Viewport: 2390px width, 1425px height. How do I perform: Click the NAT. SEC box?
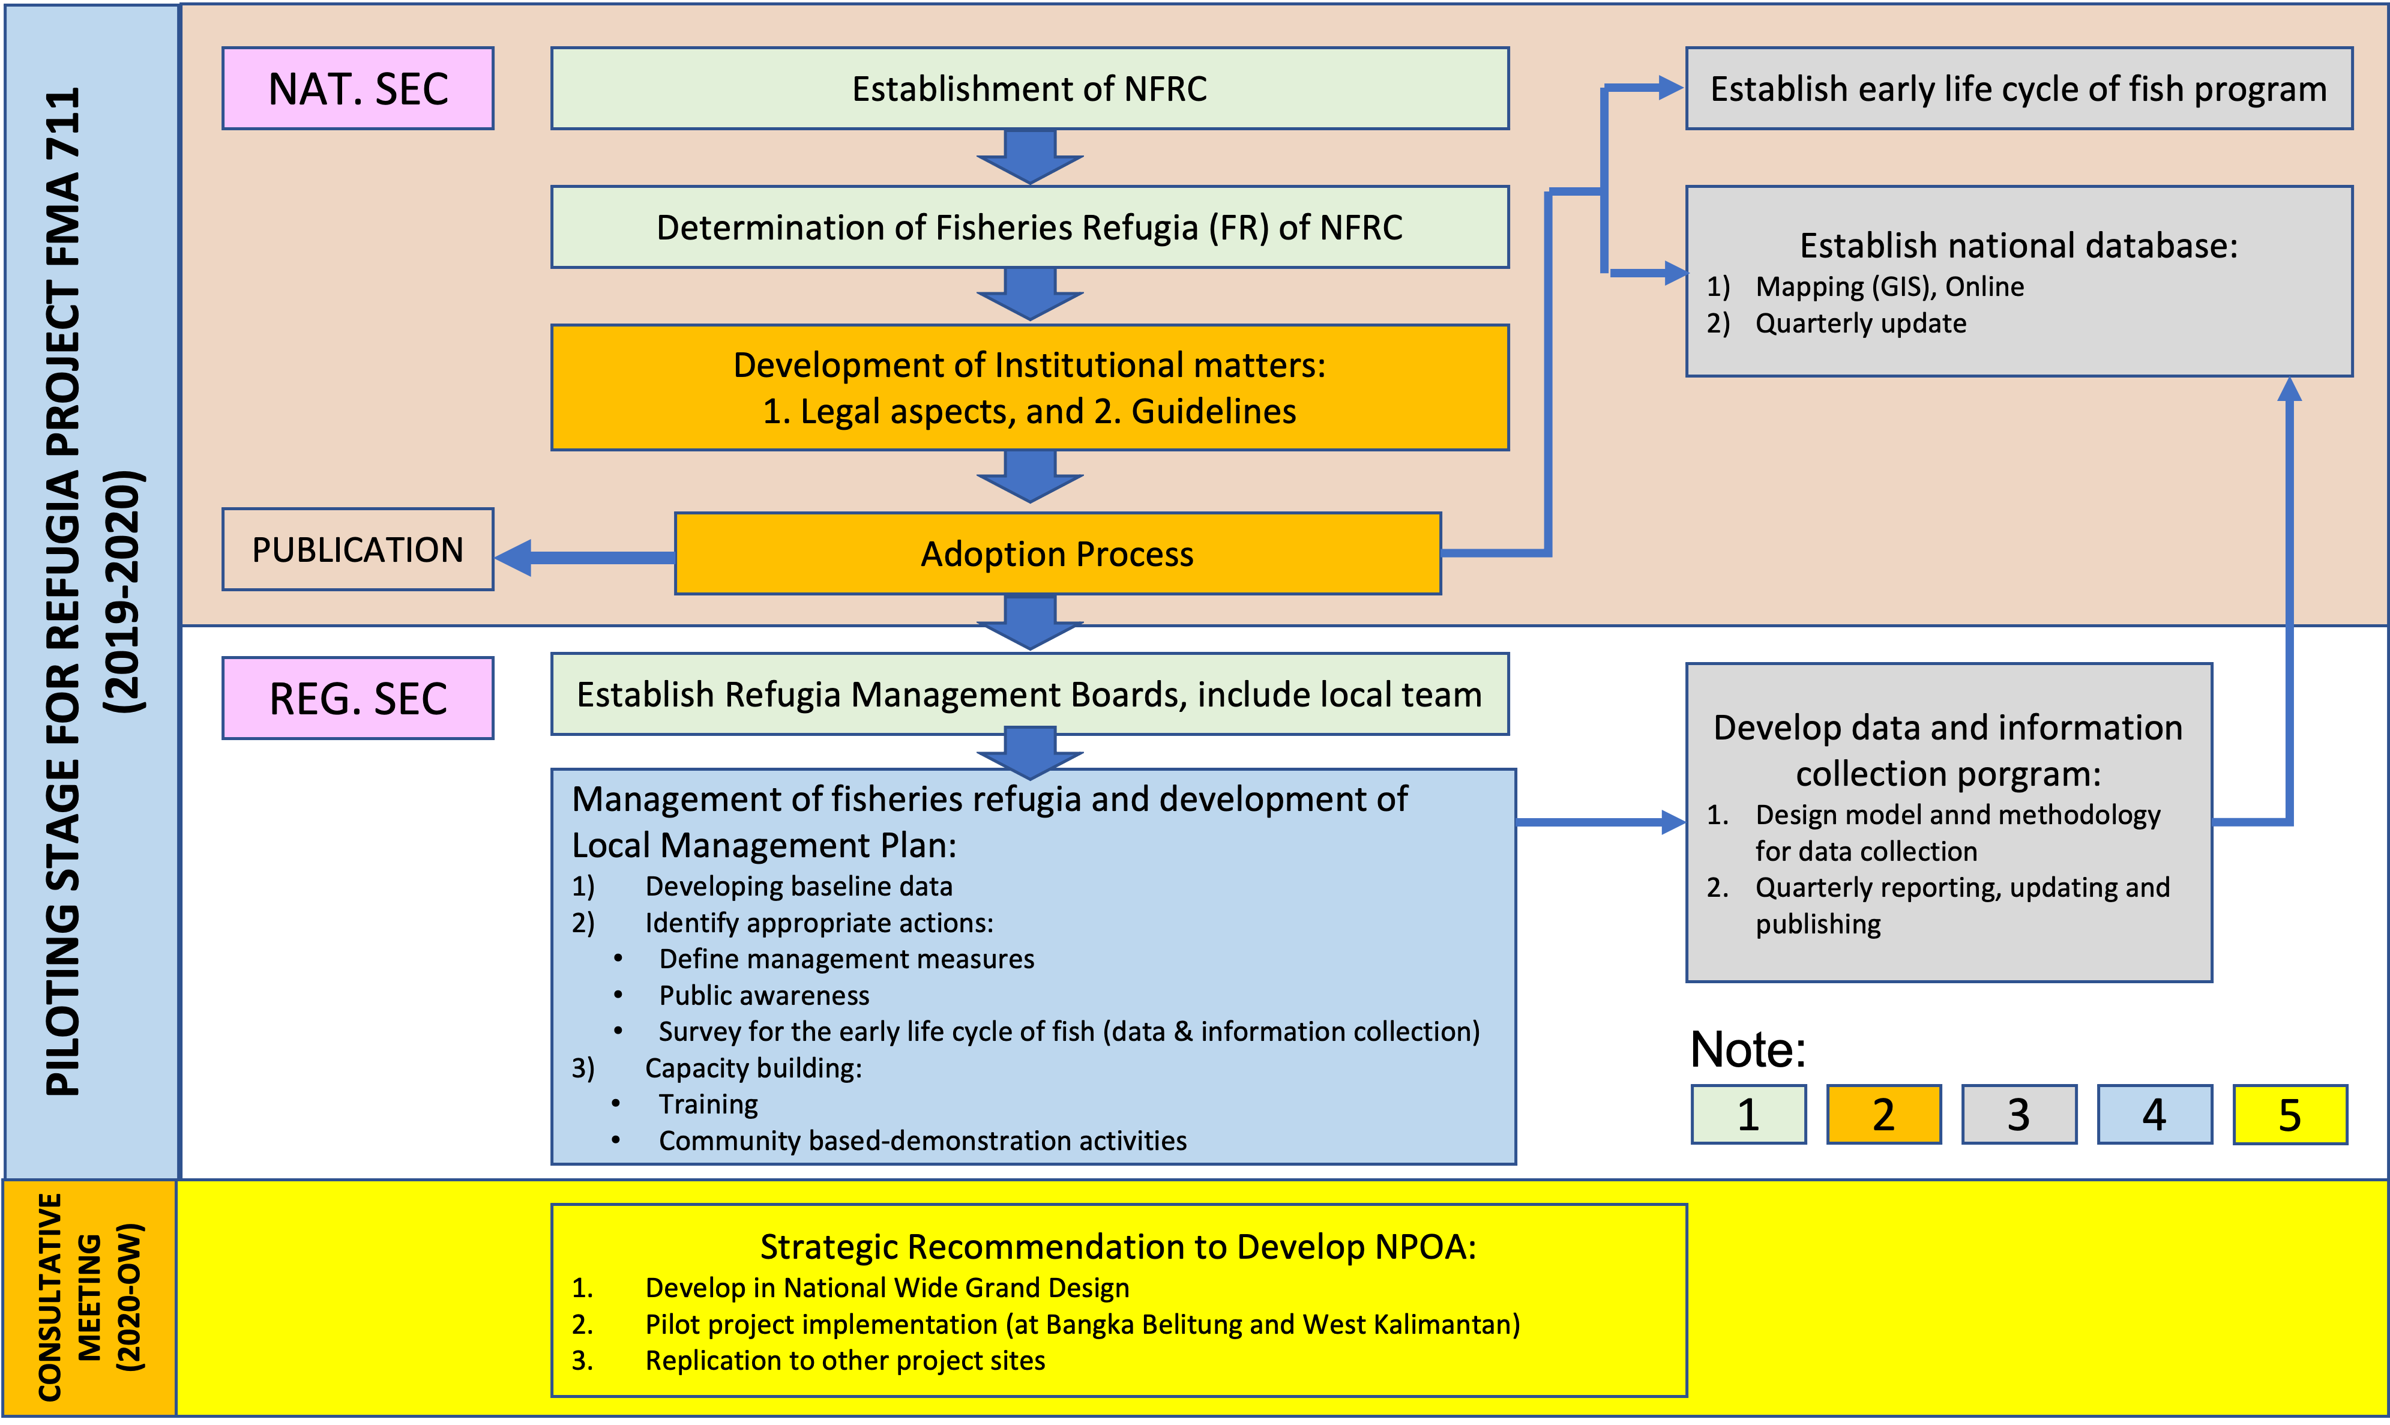click(x=358, y=88)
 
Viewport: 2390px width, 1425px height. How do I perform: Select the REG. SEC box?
click(x=358, y=698)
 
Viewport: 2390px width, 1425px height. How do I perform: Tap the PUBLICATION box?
click(x=358, y=549)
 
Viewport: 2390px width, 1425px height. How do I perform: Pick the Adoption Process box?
click(x=1057, y=554)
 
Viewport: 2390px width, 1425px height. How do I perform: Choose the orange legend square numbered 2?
click(x=1883, y=1115)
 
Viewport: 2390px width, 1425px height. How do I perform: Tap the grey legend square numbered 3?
click(x=2018, y=1115)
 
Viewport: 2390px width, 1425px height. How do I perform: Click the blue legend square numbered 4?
click(x=2154, y=1115)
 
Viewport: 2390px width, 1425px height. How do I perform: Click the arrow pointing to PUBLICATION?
click(x=586, y=558)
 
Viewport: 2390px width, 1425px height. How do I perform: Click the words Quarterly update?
click(x=1860, y=324)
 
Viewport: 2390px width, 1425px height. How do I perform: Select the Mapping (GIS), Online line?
click(x=1889, y=286)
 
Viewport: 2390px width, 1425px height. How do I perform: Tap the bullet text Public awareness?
click(x=764, y=996)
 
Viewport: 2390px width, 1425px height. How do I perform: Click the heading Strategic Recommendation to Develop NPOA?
click(x=1118, y=1246)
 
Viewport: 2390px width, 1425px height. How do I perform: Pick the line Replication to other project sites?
click(x=844, y=1361)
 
